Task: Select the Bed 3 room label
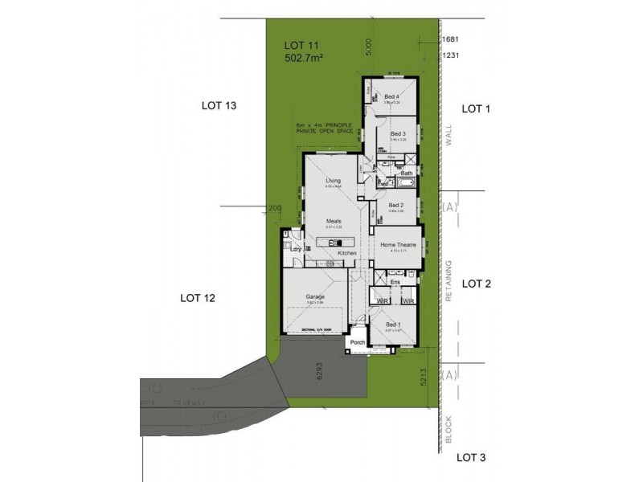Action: pos(398,133)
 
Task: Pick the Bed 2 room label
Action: pos(395,205)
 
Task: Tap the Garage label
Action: pos(314,296)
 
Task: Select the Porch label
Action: pos(358,343)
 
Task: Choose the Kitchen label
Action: pos(347,253)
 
